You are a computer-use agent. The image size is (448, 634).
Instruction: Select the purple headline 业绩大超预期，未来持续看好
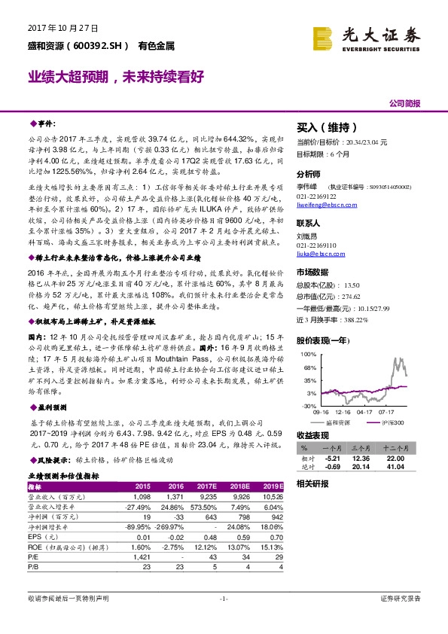coord(117,77)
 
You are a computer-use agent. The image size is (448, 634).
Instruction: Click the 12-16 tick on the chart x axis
coord(345,413)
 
